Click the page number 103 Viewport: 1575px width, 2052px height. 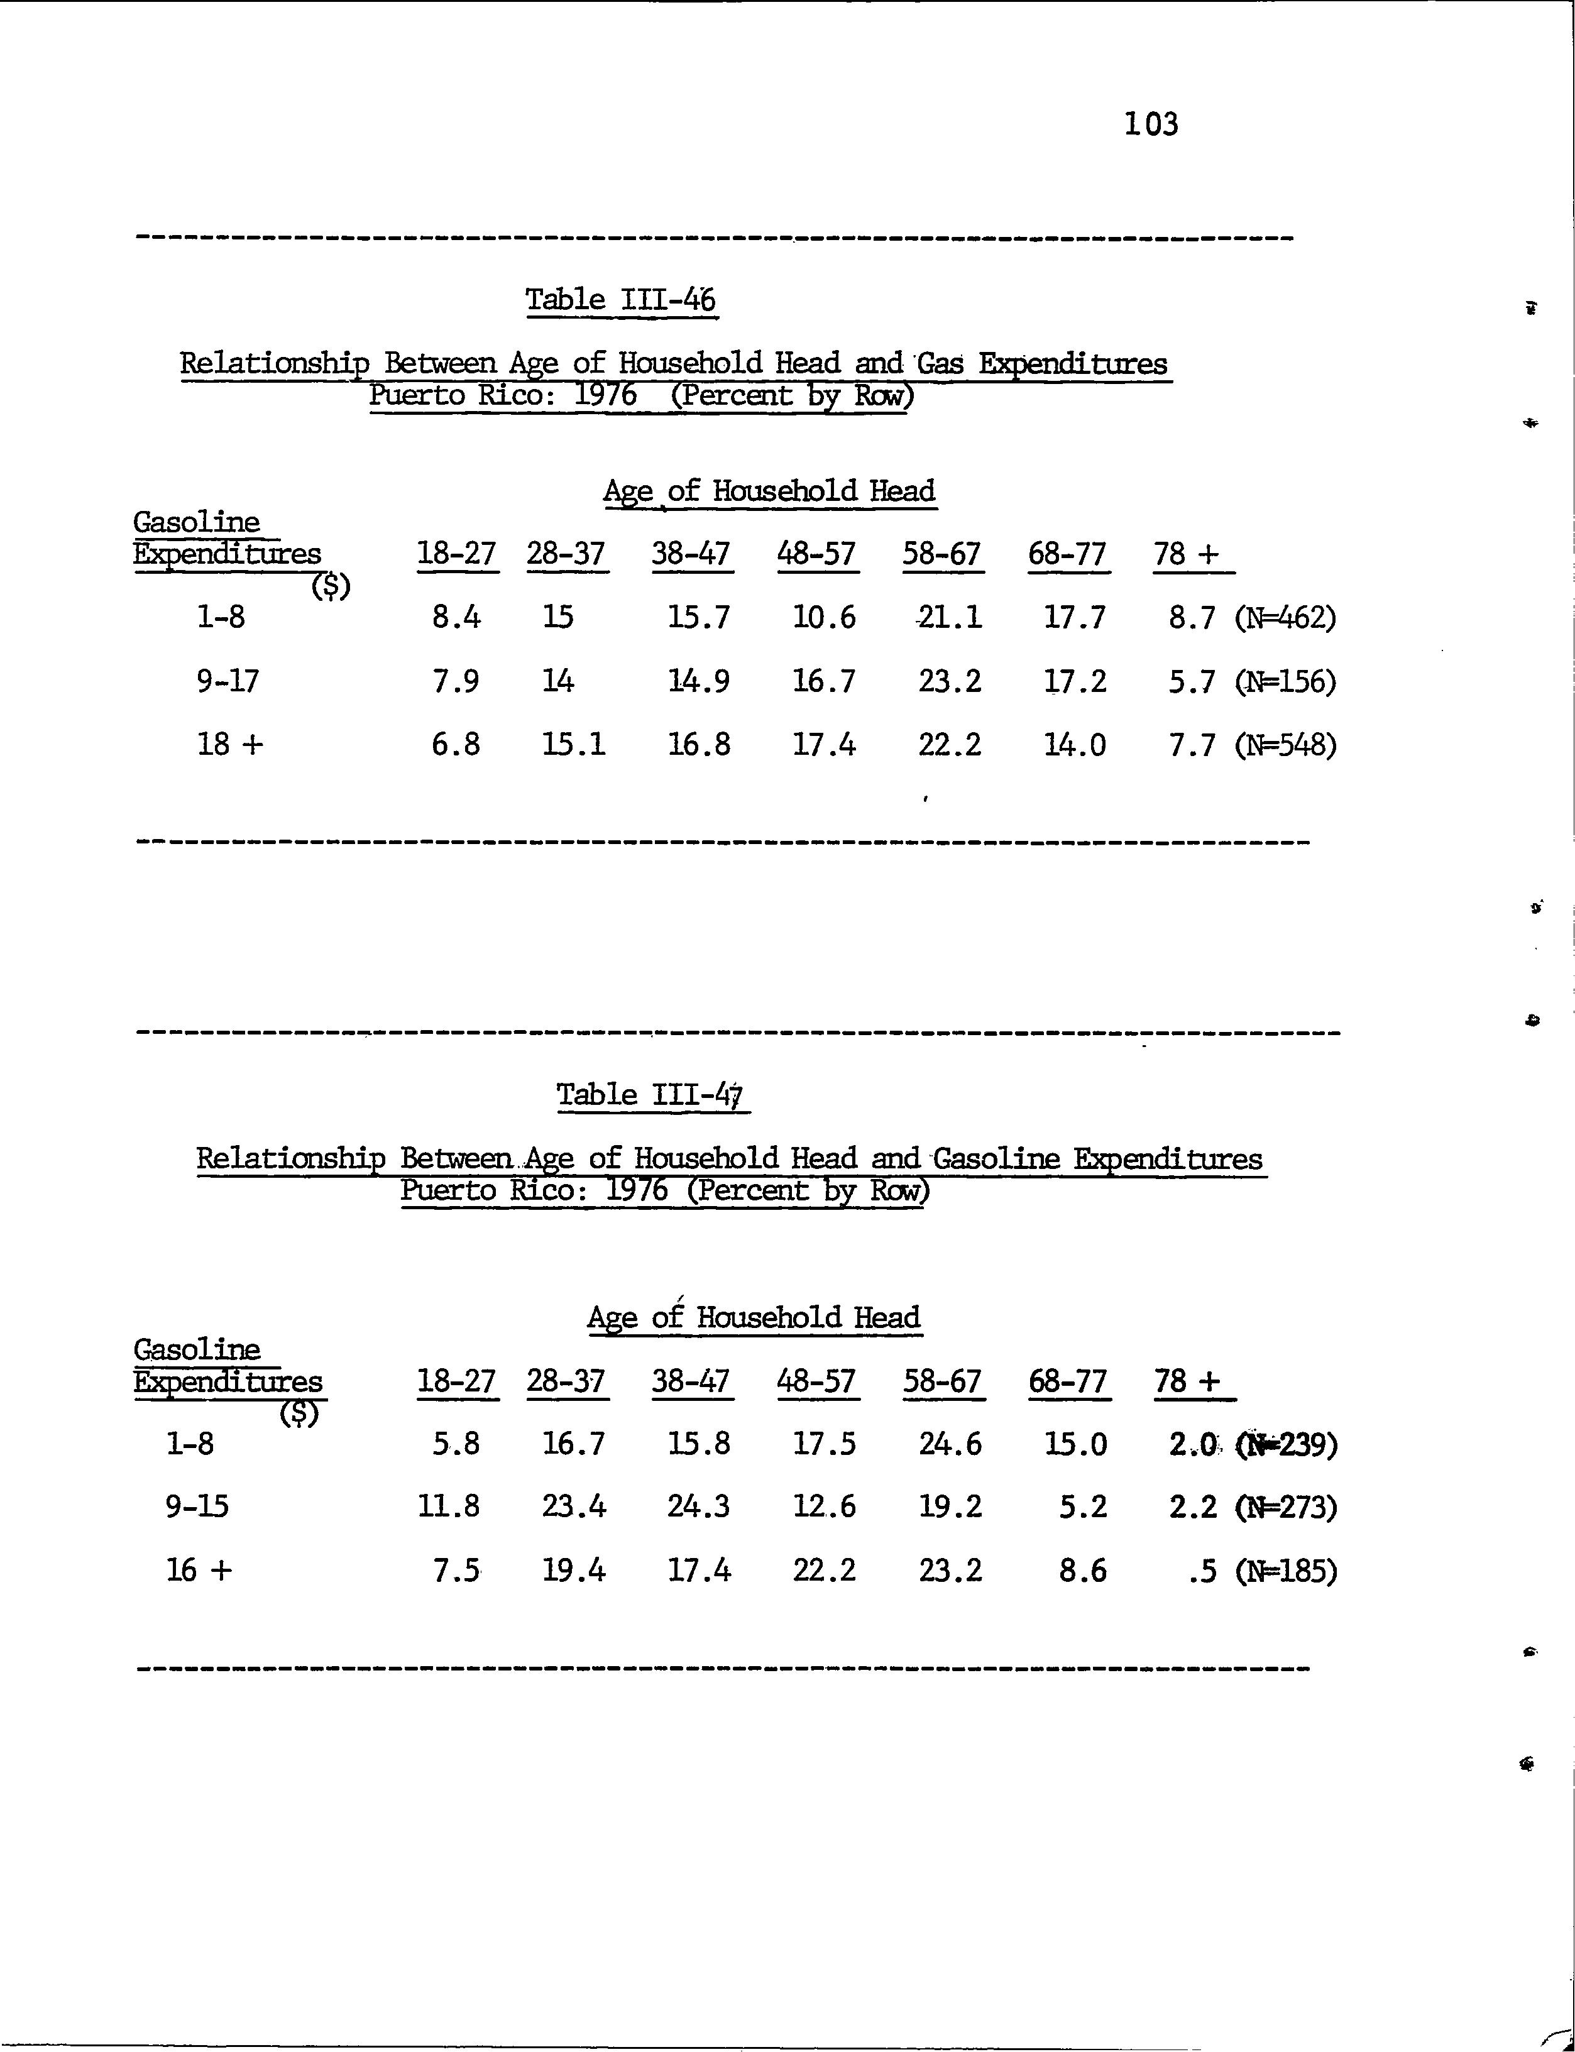coord(1151,124)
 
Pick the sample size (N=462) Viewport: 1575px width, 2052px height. coord(1285,618)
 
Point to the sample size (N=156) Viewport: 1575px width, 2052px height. coord(1285,681)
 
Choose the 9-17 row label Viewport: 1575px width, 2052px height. coord(228,681)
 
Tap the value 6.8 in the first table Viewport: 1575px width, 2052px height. coord(456,745)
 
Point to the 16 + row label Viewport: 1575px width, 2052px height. coord(199,1570)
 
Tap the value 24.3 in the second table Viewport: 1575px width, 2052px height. coord(698,1506)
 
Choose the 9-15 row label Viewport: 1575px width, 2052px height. coord(197,1506)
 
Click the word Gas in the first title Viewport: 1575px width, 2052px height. coord(940,364)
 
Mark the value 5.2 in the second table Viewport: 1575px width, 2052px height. coord(1083,1506)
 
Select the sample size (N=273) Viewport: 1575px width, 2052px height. coord(1285,1507)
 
